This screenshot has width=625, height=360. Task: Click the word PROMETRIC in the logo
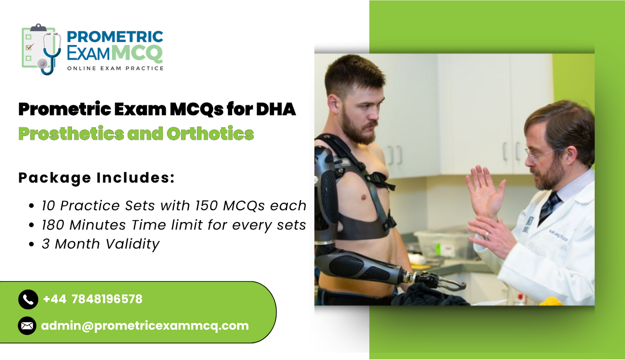pos(115,37)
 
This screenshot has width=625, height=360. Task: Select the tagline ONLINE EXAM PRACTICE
pos(115,68)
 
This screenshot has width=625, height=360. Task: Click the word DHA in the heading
pos(276,109)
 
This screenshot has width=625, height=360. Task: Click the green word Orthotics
pos(210,134)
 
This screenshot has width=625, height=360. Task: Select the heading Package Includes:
pos(96,178)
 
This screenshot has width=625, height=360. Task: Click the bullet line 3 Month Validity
pos(100,244)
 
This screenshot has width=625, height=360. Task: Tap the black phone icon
pos(28,299)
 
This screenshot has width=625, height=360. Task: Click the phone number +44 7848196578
pos(93,299)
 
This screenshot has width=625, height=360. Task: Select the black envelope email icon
pos(27,326)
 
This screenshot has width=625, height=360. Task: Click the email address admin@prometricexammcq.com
pos(145,326)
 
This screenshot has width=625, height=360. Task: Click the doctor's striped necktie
pos(549,207)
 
